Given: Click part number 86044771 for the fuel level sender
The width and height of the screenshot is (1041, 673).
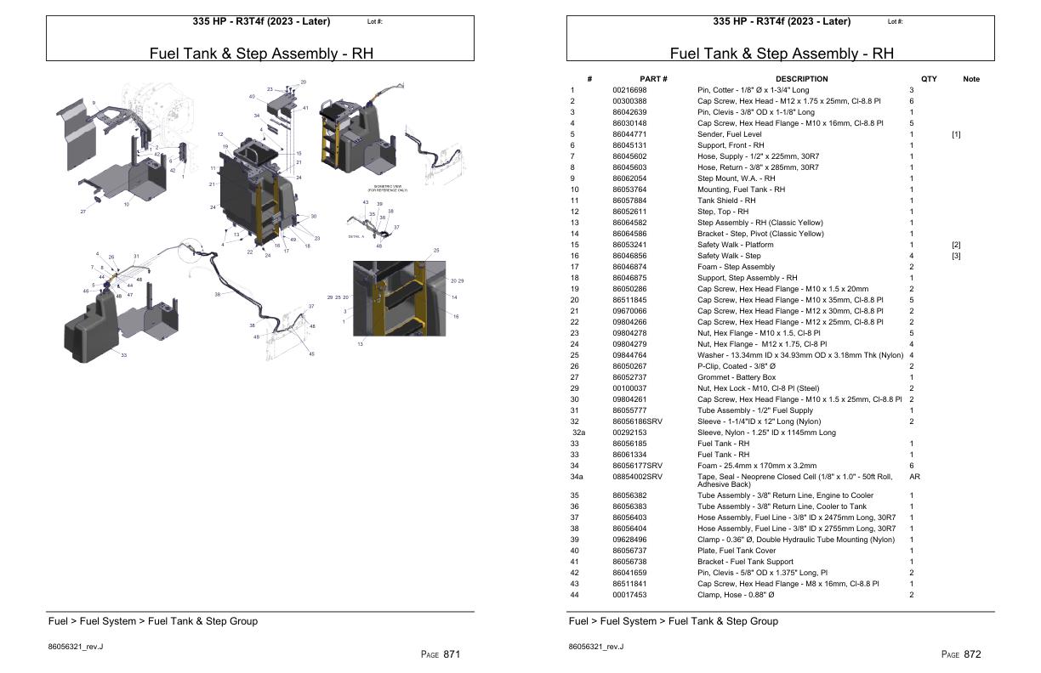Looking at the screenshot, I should coord(629,134).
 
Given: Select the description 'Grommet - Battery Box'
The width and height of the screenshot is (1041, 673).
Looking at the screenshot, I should coord(737,377).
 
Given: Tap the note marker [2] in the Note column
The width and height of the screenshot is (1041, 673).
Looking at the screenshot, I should coord(956,245).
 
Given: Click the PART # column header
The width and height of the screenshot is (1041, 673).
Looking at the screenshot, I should coord(653,79).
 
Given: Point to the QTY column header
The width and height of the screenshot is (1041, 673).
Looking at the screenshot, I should coord(929,79).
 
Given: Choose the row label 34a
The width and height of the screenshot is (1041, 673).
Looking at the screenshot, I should coord(577,477).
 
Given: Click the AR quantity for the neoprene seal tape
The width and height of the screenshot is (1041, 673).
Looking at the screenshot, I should coord(914,477).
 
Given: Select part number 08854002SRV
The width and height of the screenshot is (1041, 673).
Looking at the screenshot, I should coord(637,477).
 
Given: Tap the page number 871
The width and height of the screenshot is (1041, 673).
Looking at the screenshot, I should coord(452,654).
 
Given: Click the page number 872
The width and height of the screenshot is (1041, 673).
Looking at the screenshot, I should coord(972,654).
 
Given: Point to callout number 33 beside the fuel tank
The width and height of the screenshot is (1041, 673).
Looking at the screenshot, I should coord(123,354).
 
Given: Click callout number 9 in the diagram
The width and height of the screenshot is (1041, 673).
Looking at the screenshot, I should coord(94,103).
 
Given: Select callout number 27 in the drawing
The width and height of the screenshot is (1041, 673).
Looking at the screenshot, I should coord(83,211).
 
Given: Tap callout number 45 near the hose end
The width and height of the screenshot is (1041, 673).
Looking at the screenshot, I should coord(311,353).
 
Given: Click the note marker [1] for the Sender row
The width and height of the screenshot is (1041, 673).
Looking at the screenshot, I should coord(956,134).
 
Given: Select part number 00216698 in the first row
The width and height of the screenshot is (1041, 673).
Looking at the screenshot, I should coord(629,90).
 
